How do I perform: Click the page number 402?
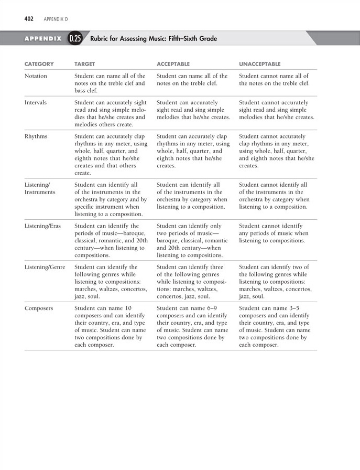point(29,19)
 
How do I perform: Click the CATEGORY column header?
point(39,64)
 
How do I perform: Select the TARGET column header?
point(84,64)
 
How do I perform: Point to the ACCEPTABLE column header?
point(173,64)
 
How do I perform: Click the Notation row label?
point(36,76)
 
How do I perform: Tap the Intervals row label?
point(36,102)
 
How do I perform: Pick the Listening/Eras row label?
point(43,226)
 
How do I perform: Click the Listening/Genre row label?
point(45,268)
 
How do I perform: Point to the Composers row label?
point(39,308)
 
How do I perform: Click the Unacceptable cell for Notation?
point(274,80)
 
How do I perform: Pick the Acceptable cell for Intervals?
point(193,110)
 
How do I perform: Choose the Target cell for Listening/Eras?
point(111,241)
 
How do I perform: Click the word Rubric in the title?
point(101,39)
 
